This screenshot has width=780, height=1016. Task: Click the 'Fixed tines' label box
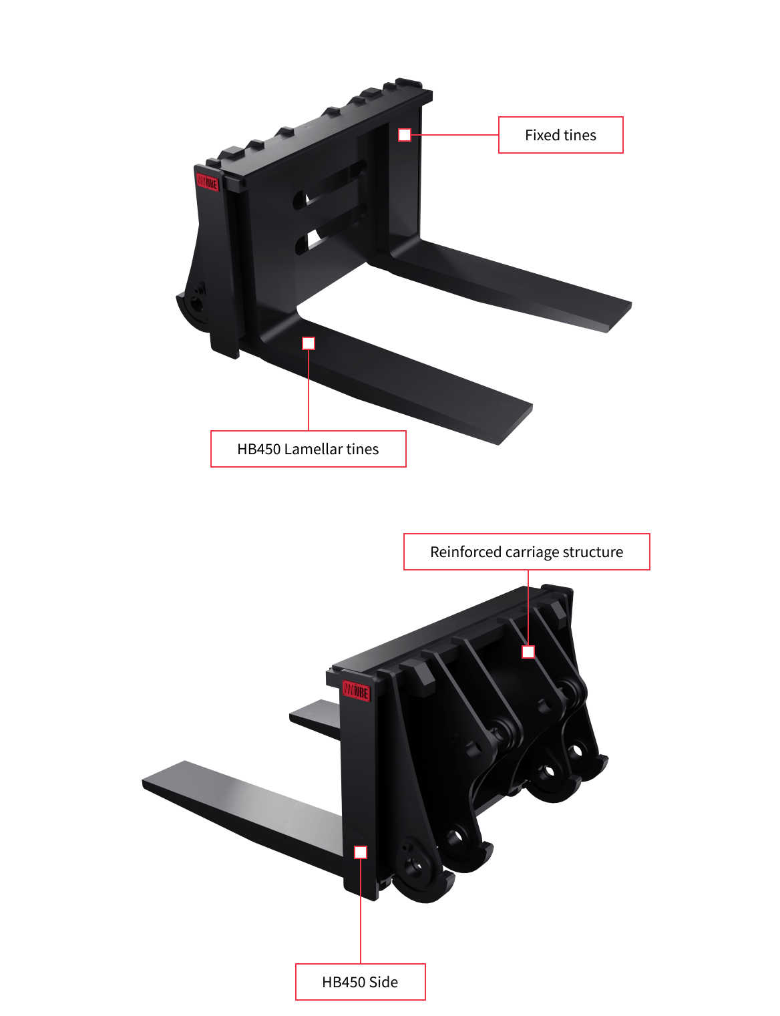tap(560, 135)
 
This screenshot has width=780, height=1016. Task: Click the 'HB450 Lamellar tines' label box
tap(308, 449)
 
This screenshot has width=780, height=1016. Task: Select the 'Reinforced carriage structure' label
tap(526, 552)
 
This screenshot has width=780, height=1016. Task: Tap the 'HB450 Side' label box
tap(360, 982)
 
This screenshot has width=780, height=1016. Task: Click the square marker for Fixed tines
tap(405, 135)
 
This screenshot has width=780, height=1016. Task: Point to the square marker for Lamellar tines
tap(309, 343)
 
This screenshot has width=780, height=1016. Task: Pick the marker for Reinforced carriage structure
tap(528, 652)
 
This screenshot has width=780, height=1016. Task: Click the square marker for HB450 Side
tap(361, 852)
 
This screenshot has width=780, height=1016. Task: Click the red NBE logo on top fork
tap(208, 182)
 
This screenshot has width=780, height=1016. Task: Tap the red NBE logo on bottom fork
tap(356, 691)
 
